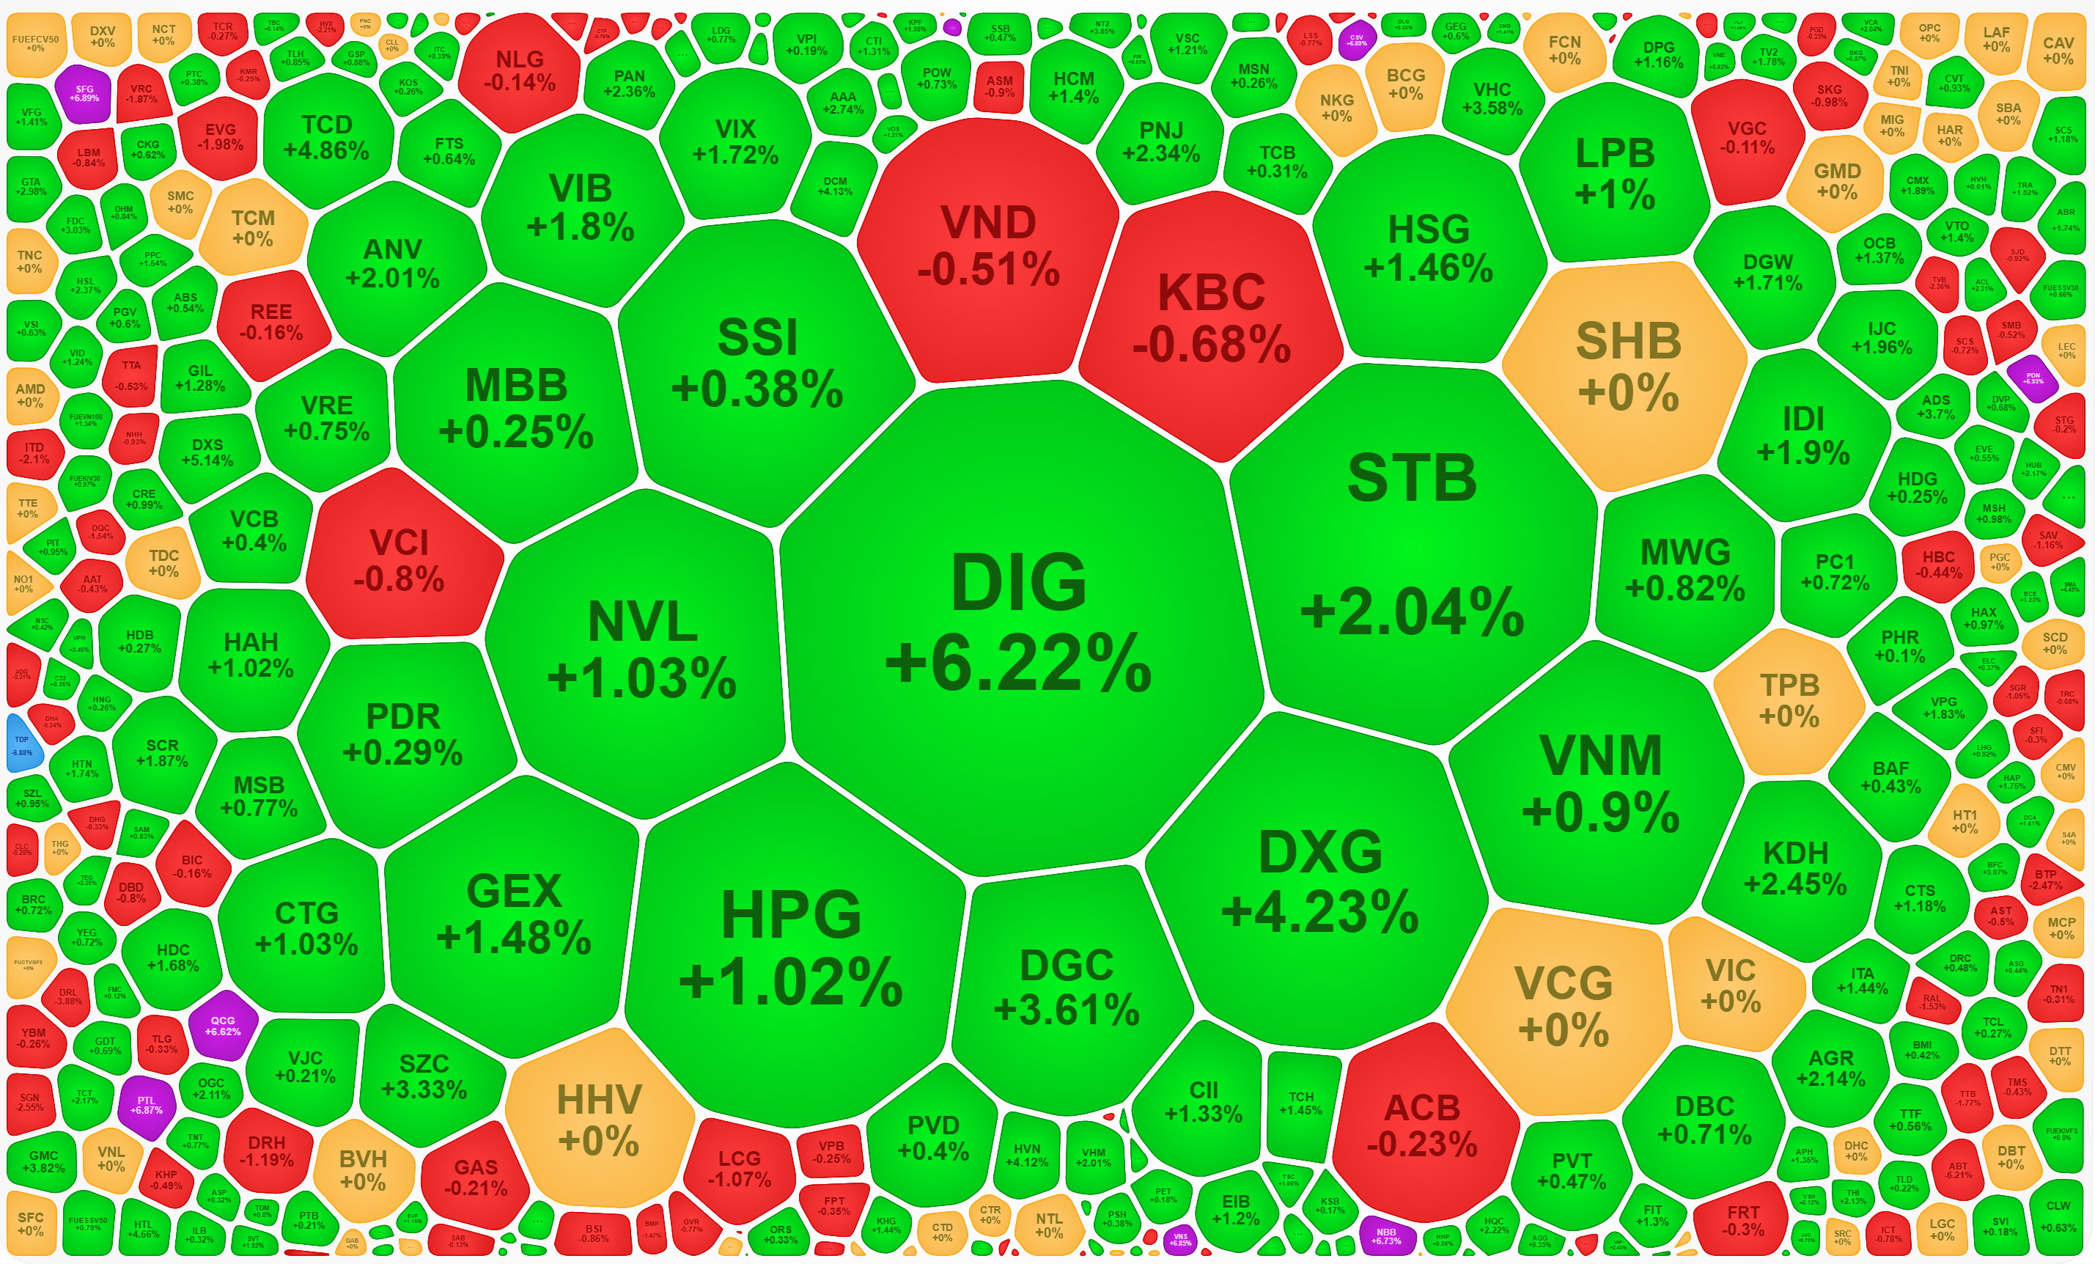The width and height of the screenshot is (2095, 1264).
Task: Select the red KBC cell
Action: point(1212,319)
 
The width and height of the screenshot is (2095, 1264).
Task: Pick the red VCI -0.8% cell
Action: point(400,559)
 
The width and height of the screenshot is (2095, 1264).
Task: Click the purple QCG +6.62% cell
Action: point(222,1026)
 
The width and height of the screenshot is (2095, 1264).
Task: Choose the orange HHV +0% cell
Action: point(600,1119)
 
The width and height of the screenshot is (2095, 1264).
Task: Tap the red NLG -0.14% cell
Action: point(520,70)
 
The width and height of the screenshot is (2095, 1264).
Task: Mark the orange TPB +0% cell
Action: point(1789,699)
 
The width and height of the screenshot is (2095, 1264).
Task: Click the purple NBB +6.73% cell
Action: point(1386,1236)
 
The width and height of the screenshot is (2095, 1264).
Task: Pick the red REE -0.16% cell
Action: point(271,323)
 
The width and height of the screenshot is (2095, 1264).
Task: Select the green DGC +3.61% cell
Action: point(1067,987)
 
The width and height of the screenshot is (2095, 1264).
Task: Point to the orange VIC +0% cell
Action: point(1730,984)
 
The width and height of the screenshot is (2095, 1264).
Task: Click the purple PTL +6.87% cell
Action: point(147,1105)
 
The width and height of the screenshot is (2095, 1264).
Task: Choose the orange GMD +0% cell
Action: point(1836,181)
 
